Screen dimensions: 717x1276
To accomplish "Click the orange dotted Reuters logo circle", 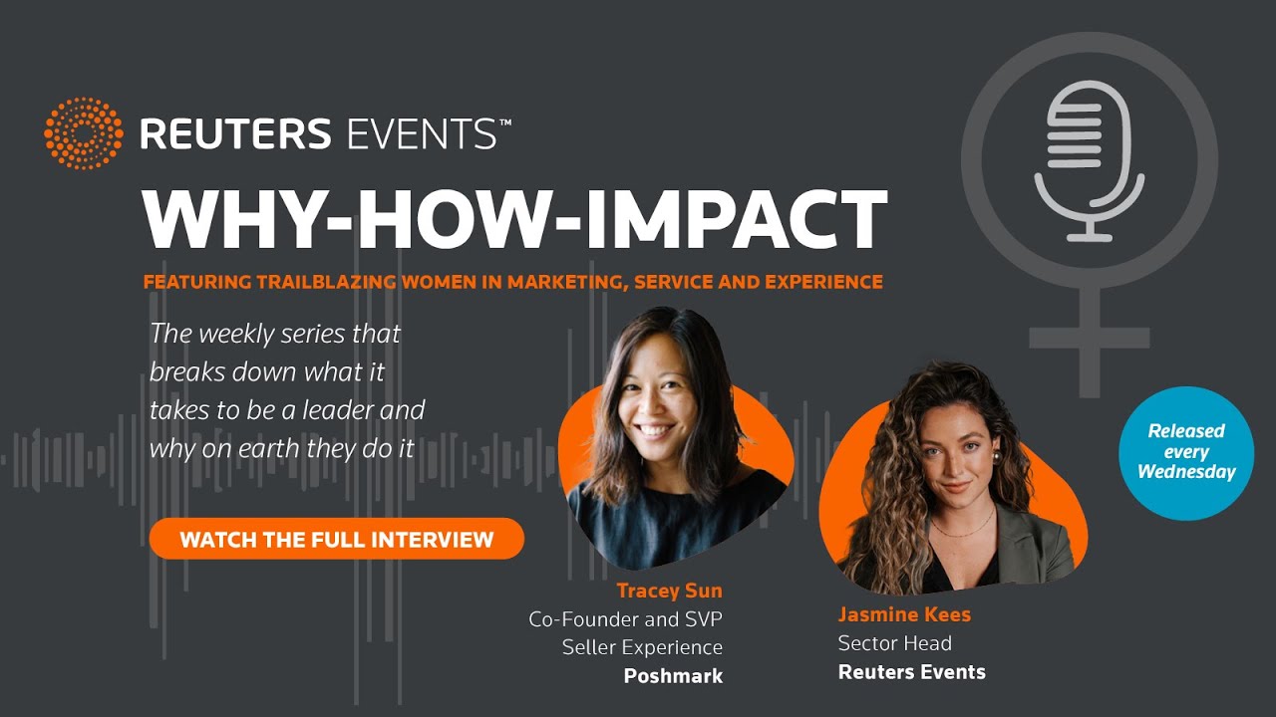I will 84,133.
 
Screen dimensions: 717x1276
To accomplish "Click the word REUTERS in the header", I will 235,133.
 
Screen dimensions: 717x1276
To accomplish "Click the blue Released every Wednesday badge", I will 1185,452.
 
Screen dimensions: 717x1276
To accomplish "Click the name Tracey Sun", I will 669,592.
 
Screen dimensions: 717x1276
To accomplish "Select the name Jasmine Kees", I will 904,614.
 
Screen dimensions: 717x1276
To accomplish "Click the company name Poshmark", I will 673,676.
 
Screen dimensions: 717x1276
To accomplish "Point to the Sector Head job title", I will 894,643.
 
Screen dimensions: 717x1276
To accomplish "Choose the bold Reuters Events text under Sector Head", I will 911,672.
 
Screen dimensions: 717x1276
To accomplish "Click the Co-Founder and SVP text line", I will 625,619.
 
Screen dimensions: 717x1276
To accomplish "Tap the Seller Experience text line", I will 642,647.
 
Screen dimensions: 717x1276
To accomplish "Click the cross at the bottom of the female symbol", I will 1089,339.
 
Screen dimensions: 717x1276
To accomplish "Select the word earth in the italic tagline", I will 265,448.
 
